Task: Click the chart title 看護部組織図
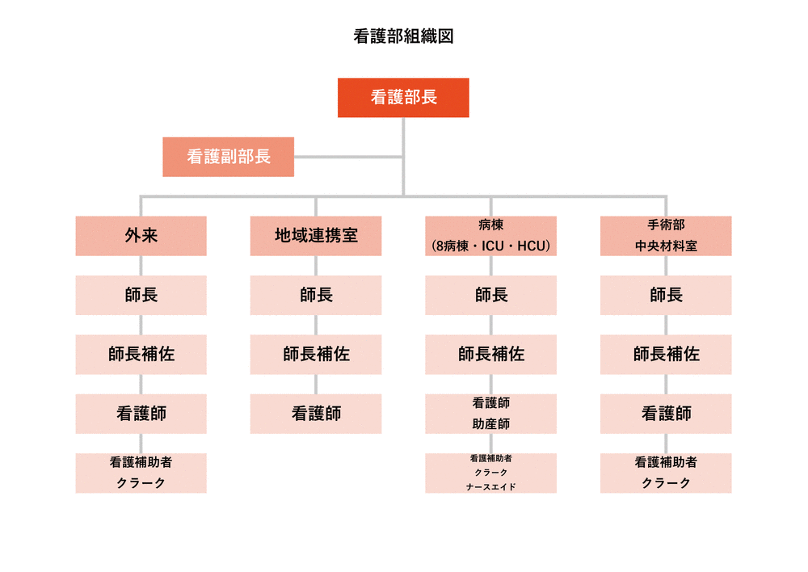pyautogui.click(x=403, y=36)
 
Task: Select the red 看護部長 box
pyautogui.click(x=403, y=98)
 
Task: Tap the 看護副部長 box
pyautogui.click(x=229, y=158)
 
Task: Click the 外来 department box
pyautogui.click(x=141, y=236)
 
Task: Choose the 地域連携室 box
pyautogui.click(x=316, y=236)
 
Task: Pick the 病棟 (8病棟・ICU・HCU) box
pyautogui.click(x=490, y=236)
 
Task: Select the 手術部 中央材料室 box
pyautogui.click(x=666, y=236)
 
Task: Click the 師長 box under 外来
pyautogui.click(x=141, y=295)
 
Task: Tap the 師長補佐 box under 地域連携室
pyautogui.click(x=316, y=355)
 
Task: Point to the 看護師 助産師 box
pyautogui.click(x=490, y=414)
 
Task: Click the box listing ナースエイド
pyautogui.click(x=490, y=473)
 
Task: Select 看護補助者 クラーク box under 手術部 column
pyautogui.click(x=666, y=473)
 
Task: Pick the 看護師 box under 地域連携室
pyautogui.click(x=316, y=414)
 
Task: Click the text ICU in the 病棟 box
pyautogui.click(x=493, y=246)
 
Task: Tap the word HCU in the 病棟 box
pyautogui.click(x=531, y=246)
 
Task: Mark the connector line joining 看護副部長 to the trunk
pyautogui.click(x=347, y=158)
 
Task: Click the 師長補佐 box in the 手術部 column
pyautogui.click(x=666, y=355)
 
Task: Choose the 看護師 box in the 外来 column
pyautogui.click(x=141, y=414)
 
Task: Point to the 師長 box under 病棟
pyautogui.click(x=490, y=295)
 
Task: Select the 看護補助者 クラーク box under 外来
pyautogui.click(x=141, y=473)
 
